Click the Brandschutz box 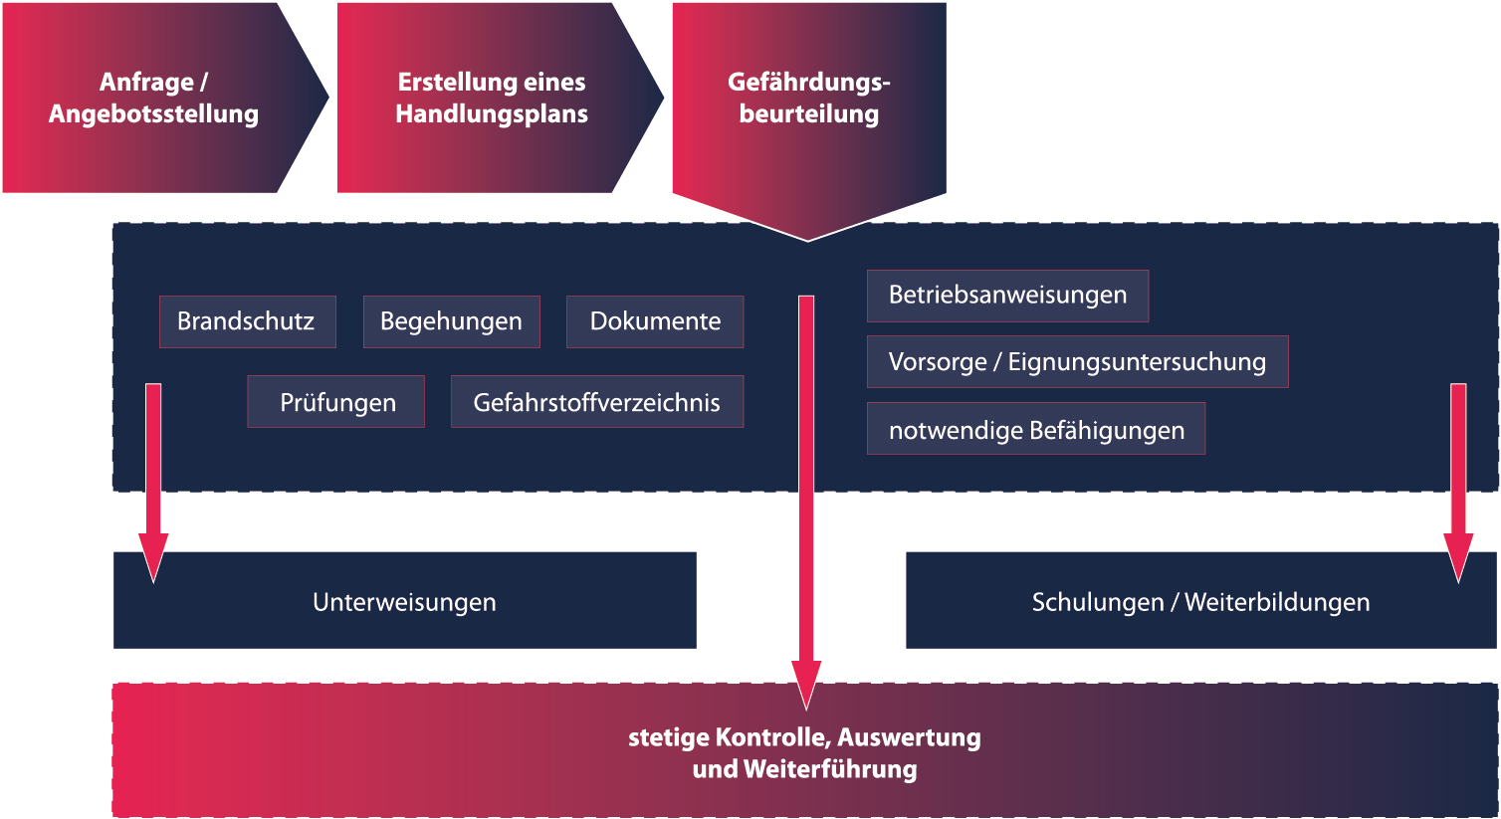[247, 321]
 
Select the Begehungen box [452, 321]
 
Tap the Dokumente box [655, 321]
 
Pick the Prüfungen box [335, 401]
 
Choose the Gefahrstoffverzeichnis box [597, 401]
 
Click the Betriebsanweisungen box [1008, 296]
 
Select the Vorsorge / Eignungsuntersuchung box [1078, 362]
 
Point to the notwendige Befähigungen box [1036, 429]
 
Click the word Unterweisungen [404, 602]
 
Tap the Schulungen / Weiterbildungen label [1200, 602]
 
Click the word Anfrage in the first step [146, 82]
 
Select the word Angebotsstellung [153, 113]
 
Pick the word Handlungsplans [491, 113]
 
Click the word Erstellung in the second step [455, 82]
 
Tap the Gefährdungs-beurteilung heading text [809, 98]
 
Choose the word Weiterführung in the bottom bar [830, 769]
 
